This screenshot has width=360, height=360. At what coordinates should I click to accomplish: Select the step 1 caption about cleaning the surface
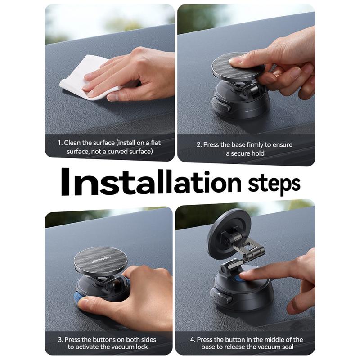(109, 147)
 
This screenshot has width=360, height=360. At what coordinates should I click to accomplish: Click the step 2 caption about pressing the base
(245, 149)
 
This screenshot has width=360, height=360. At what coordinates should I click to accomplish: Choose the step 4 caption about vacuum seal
(245, 343)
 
